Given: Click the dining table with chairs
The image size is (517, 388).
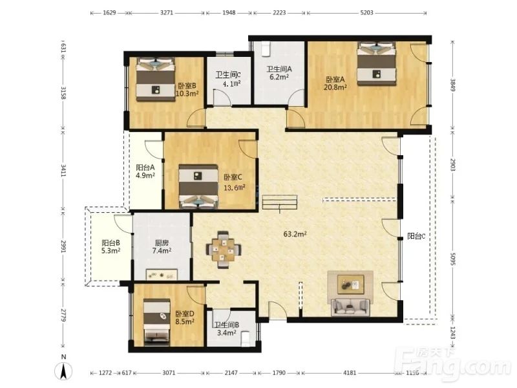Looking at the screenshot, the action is pos(224,250).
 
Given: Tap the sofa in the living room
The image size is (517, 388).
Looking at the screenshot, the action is pos(350,306).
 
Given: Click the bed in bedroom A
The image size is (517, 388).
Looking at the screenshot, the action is pos(377,63).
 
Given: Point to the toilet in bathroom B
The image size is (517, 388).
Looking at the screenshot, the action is pos(246,339).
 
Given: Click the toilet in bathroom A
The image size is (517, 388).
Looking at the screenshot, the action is pos(266,49).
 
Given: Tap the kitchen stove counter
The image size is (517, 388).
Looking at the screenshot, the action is pos(162,274).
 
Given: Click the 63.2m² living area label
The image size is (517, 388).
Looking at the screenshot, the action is pos(295,234).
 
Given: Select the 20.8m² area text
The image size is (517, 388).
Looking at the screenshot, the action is pos(335,87).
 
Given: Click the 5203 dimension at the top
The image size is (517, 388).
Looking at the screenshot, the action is pos(366,12).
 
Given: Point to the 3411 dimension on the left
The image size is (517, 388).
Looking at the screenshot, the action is pos(63,170).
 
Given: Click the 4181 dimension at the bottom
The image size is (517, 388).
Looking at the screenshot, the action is pos(350,373).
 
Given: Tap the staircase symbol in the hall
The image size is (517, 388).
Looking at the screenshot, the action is pos(280,202).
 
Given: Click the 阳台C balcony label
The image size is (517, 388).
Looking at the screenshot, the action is pos(416,236).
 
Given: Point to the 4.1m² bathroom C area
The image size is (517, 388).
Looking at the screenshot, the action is pos(231,83).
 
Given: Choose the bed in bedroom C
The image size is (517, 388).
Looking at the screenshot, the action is pos(198,186).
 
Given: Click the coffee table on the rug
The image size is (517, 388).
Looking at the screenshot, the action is pos(351,284).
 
